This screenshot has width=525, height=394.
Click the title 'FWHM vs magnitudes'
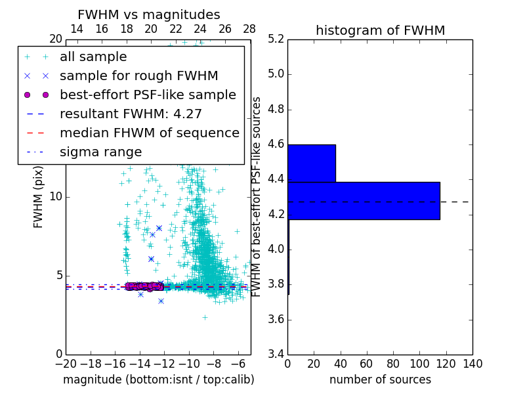coord(149,14)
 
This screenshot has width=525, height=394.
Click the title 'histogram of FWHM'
coord(380,30)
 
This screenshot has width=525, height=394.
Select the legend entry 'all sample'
coord(93,57)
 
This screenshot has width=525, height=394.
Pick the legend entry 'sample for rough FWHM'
coord(138,76)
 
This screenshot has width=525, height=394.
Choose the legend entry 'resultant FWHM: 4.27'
coord(131,114)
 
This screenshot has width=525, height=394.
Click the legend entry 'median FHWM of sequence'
coord(149,133)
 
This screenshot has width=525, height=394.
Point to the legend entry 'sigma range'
coord(100,152)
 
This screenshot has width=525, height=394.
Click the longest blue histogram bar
coord(364,200)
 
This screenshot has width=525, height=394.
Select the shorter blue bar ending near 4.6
coord(312,163)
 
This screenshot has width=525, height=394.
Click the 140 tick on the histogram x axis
coord(472,364)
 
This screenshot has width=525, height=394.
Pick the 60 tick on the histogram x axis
coord(367,364)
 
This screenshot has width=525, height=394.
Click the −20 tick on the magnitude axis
coord(66,364)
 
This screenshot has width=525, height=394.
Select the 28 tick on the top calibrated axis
coord(249,29)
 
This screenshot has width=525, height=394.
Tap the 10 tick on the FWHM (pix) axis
coord(56,197)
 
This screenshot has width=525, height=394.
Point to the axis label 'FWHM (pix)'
coord(39,197)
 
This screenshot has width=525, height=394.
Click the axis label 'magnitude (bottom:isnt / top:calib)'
coord(158,380)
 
